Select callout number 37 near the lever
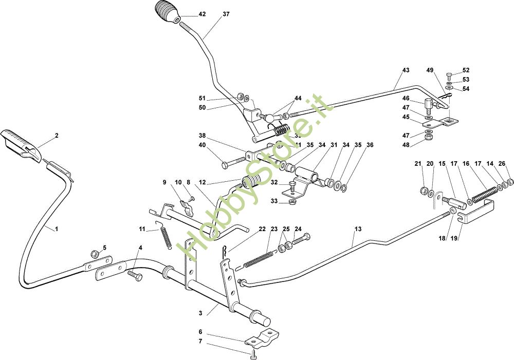pyautogui.click(x=226, y=14)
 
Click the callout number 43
pyautogui.click(x=406, y=70)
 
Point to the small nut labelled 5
pyautogui.click(x=95, y=254)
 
